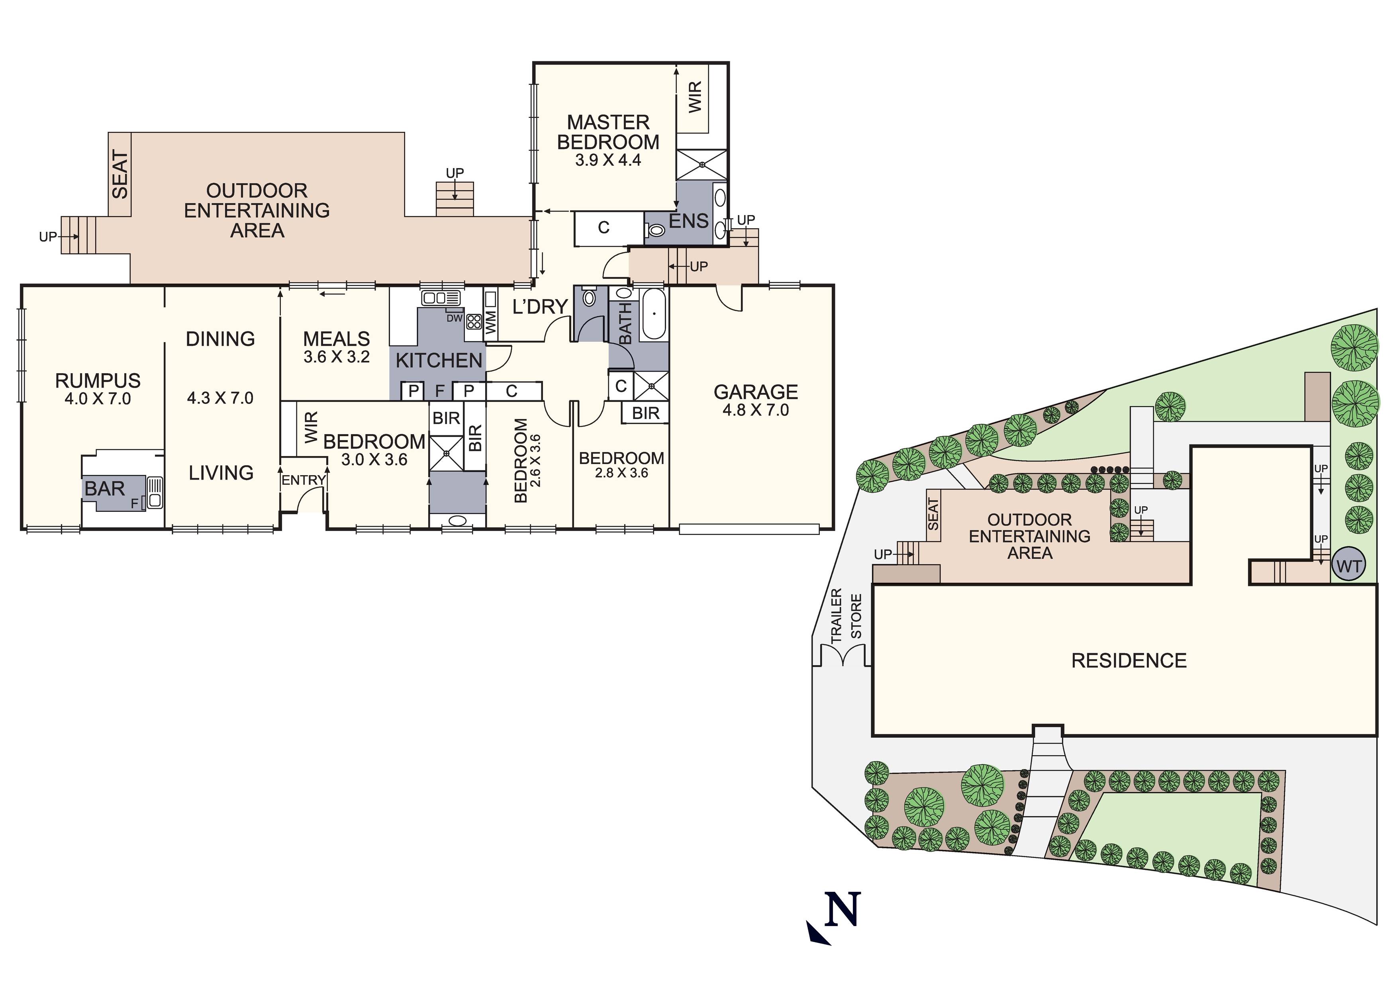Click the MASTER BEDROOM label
[608, 132]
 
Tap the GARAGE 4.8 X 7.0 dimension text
[755, 410]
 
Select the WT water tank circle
[1349, 566]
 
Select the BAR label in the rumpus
[105, 489]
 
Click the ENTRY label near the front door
[303, 480]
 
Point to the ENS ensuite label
[688, 221]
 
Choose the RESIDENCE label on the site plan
[1129, 661]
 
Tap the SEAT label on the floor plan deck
[120, 174]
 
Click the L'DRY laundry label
[540, 307]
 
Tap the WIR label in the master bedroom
[695, 97]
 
